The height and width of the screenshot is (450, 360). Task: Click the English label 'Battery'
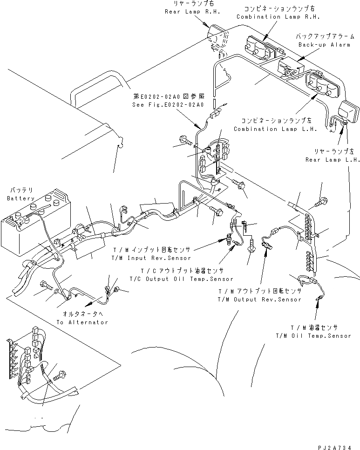click(21, 198)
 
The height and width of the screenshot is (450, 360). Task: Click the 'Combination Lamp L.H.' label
click(275, 129)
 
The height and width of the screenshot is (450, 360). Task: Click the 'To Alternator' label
click(82, 322)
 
